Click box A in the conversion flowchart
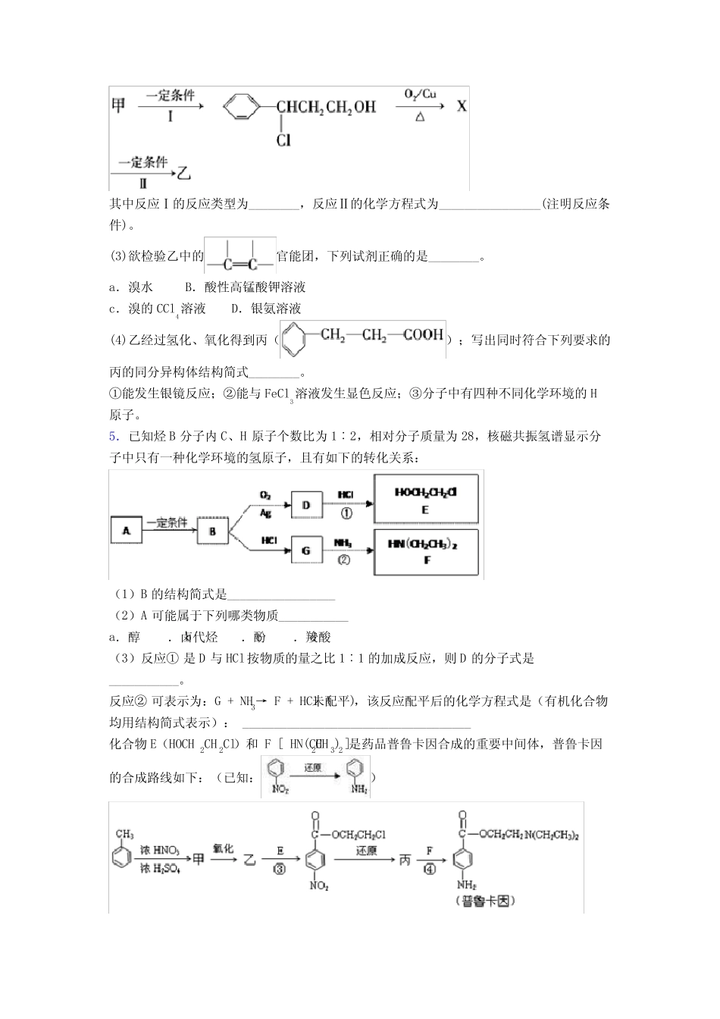click(x=127, y=531)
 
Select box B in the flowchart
click(x=212, y=531)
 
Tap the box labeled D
click(x=306, y=504)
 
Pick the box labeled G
click(x=306, y=550)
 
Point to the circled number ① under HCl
click(x=346, y=513)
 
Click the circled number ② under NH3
click(x=345, y=560)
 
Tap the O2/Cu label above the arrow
click(x=420, y=95)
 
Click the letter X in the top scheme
click(x=462, y=105)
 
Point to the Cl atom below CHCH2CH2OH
click(x=283, y=140)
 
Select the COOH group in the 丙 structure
click(x=423, y=334)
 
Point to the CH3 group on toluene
click(x=124, y=834)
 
